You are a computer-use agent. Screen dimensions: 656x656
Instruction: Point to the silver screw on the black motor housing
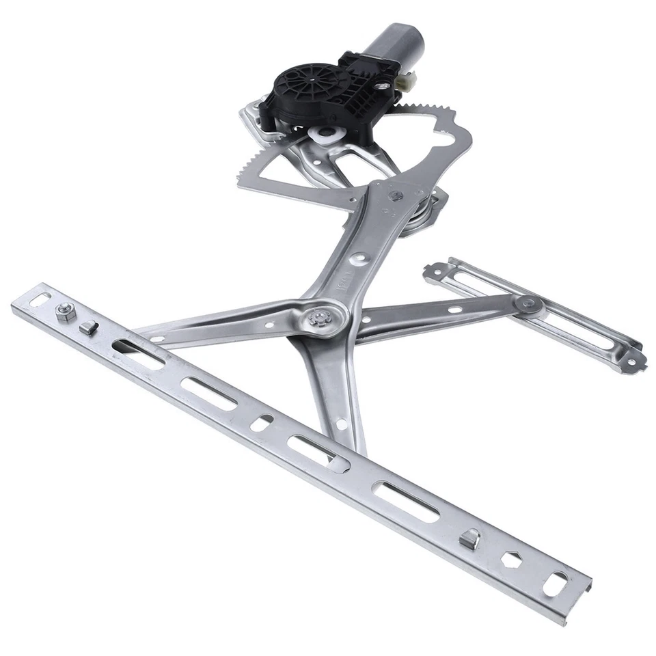coord(384,85)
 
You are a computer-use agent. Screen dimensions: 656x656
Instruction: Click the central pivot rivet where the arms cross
coord(319,318)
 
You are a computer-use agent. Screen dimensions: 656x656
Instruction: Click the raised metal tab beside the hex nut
coord(87,327)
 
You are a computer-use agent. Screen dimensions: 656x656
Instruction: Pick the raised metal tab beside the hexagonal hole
coord(469,540)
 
